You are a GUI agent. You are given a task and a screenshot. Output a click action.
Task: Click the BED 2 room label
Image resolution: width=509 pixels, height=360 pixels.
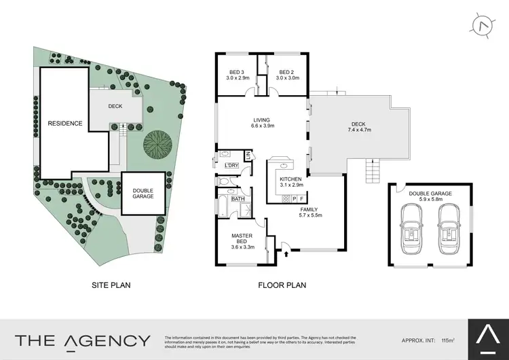tap(285, 75)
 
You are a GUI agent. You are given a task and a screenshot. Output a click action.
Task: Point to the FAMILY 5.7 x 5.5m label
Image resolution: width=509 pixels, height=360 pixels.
tap(311, 212)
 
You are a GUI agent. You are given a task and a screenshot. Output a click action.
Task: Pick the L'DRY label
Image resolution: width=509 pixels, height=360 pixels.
tap(231, 166)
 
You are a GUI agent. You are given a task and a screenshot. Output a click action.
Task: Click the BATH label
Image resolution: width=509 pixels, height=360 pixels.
tap(238, 199)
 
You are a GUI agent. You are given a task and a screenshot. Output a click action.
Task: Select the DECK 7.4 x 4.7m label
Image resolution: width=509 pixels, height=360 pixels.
tap(358, 127)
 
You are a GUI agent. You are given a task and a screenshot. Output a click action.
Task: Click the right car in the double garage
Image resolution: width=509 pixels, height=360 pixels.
tap(449, 232)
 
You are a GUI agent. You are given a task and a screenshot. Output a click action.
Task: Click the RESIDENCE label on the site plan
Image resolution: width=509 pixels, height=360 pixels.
tap(65, 124)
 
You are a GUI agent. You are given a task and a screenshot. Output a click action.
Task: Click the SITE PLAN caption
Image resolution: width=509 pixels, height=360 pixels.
tap(111, 285)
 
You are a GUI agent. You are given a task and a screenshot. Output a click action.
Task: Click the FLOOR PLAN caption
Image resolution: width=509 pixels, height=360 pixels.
tap(282, 285)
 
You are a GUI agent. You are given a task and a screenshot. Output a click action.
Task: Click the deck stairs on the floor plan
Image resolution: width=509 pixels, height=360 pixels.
tap(373, 170)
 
